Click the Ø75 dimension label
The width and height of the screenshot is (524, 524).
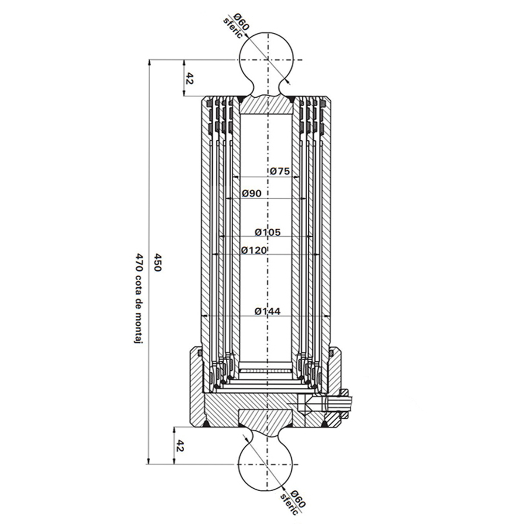[279, 171]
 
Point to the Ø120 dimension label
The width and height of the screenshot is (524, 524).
[254, 250]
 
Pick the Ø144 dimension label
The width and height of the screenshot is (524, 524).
[268, 311]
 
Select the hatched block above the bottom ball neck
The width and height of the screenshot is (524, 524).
[265, 419]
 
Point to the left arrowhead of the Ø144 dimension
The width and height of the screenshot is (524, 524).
[205, 315]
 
